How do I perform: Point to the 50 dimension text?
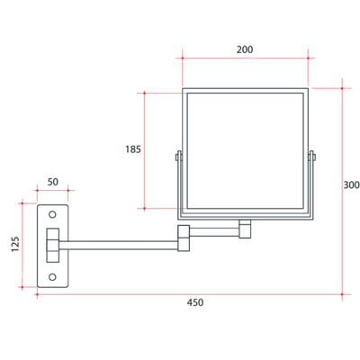pos(53,183)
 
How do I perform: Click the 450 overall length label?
pos(195,302)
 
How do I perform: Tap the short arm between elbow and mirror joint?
pos(216,232)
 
